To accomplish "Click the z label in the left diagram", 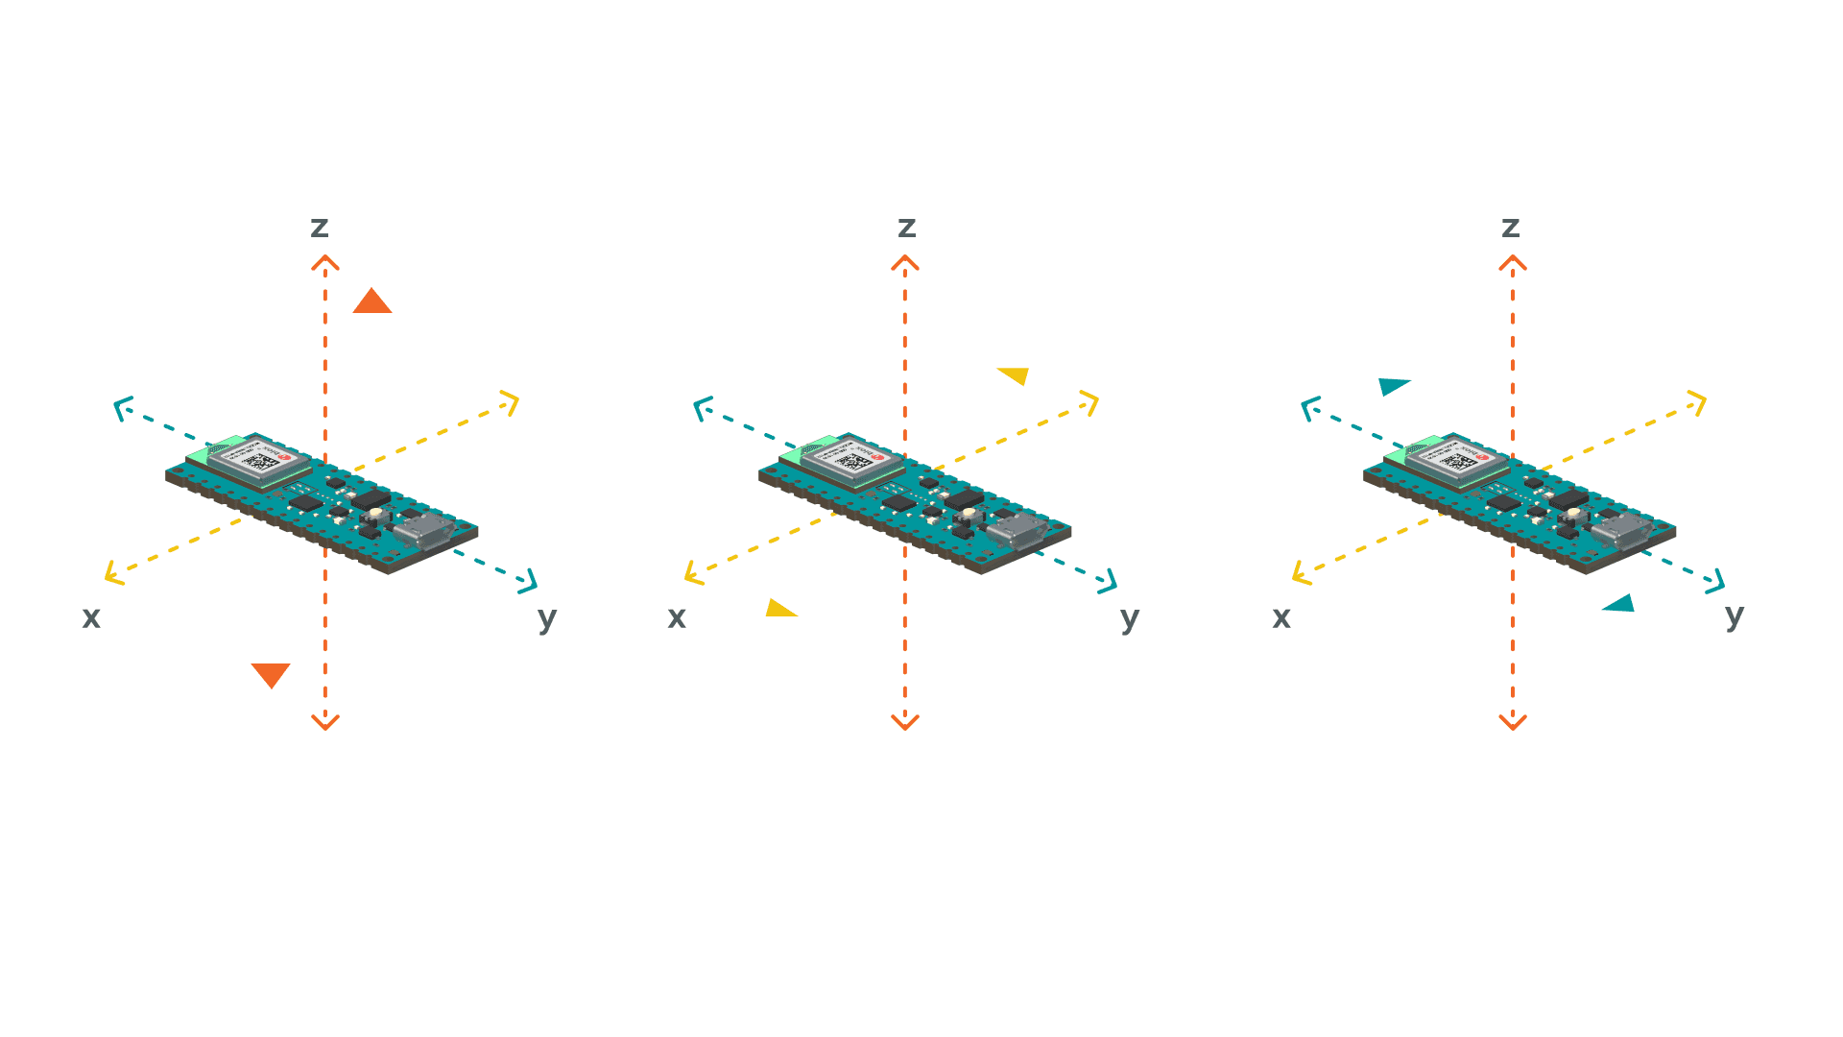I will pos(320,228).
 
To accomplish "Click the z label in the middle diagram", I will pos(906,228).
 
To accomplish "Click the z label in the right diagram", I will pos(1510,228).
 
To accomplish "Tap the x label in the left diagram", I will pos(91,617).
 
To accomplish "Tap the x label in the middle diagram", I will pos(677,617).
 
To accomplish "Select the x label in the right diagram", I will pos(1281,617).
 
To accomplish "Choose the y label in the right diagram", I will pos(1734,615).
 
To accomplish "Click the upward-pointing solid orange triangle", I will pos(372,302).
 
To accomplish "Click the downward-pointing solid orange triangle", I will pos(271,674).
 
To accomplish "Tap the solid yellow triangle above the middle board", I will pos(1016,374).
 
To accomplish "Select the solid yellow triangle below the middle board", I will pos(778,609).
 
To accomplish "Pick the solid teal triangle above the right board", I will pos(1392,386).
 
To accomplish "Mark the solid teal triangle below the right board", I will pos(1620,604).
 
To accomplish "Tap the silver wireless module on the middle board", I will pos(852,460).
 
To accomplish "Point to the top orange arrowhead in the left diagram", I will pos(325,262).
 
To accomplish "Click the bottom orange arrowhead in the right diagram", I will pos(1513,722).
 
